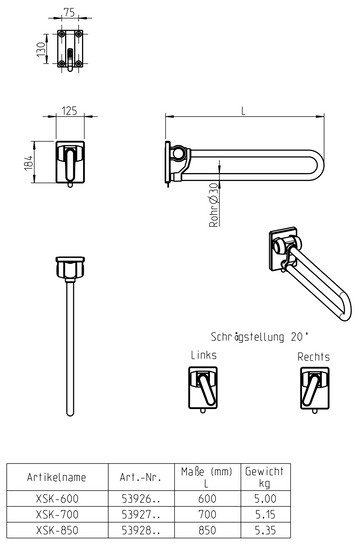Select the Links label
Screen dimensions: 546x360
coord(204,355)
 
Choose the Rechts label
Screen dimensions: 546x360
coord(313,355)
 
